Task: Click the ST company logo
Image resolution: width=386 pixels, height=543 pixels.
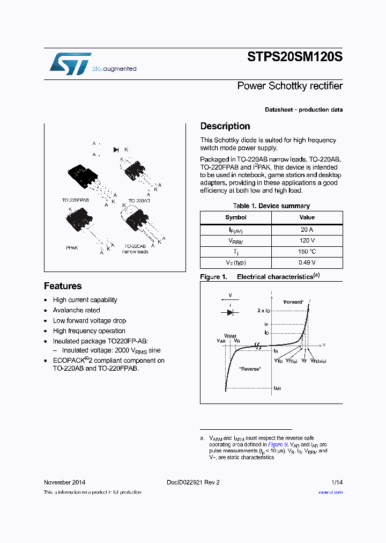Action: tap(70, 64)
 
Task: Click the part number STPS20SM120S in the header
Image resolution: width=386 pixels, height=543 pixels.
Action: tap(295, 56)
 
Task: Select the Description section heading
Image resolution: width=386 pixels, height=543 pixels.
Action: tap(225, 126)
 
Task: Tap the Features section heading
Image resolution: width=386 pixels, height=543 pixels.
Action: tap(63, 286)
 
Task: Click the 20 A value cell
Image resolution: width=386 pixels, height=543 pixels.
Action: tap(307, 230)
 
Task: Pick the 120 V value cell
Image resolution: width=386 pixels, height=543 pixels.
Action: tap(307, 241)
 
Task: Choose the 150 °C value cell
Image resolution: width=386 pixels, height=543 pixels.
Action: tap(307, 252)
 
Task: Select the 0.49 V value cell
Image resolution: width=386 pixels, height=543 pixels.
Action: tap(307, 262)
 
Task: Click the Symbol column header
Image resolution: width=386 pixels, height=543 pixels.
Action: tap(236, 217)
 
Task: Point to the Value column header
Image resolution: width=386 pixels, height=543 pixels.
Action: tap(307, 217)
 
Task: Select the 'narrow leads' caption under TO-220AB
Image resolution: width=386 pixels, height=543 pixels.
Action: tap(135, 251)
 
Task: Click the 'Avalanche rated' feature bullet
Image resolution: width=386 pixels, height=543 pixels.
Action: tap(76, 310)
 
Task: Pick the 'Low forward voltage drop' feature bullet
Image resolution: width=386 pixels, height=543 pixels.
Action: tap(89, 320)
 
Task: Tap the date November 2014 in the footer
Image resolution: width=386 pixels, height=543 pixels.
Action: tap(64, 482)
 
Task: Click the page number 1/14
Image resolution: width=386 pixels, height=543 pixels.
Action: tap(337, 482)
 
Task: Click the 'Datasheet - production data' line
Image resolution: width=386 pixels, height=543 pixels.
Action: tap(303, 109)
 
